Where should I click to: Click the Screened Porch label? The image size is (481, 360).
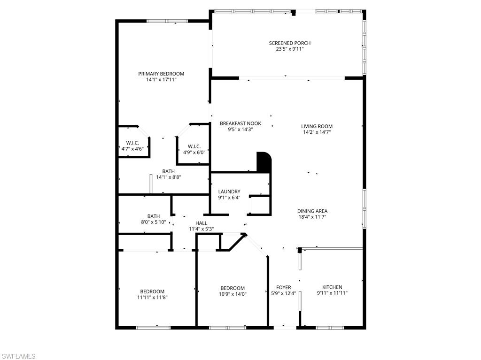[289, 43]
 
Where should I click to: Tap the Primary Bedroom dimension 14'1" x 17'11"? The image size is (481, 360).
[161, 80]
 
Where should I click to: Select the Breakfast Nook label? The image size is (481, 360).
[240, 124]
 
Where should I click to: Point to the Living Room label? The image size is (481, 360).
[317, 126]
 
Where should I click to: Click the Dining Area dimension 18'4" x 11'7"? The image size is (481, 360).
[312, 217]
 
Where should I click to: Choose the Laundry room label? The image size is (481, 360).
[229, 191]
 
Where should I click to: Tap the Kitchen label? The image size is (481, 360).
[332, 287]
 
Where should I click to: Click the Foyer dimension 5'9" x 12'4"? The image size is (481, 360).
[283, 293]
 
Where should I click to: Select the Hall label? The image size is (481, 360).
[201, 223]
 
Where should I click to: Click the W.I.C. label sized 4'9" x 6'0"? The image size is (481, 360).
[194, 146]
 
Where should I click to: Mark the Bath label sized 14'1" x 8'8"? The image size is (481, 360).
[168, 171]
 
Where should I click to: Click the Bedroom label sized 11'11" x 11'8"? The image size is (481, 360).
[152, 291]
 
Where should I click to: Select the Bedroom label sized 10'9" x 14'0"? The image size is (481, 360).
[233, 288]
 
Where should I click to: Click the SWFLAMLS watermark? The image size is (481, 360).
[18, 356]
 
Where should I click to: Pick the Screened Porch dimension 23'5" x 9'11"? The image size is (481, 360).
[289, 49]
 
